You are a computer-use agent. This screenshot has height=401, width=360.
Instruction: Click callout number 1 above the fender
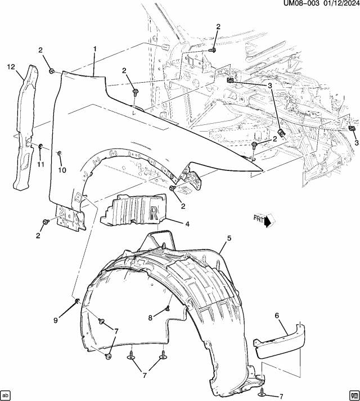pos(95,49)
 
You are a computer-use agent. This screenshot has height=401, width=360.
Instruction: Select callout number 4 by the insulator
pos(187,223)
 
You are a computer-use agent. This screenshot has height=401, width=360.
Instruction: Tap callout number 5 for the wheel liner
pos(229,238)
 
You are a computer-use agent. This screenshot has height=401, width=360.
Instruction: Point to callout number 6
pos(277,316)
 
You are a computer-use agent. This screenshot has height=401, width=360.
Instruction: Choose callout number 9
pos(56,320)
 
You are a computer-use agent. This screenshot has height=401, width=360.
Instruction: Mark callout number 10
pos(62,170)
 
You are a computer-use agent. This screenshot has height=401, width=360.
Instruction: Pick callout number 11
pos(40,164)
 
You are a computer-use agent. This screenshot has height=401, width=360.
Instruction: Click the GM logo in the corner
pos(353,394)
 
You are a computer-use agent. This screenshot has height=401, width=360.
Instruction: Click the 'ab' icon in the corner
pos(6,394)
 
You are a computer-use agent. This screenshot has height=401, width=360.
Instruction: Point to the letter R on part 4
pos(154,211)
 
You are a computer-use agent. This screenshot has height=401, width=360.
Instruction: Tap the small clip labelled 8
pos(168,308)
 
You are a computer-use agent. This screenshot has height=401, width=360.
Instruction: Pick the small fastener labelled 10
pos(60,153)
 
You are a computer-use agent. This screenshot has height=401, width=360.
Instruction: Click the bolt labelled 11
pos(41,147)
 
